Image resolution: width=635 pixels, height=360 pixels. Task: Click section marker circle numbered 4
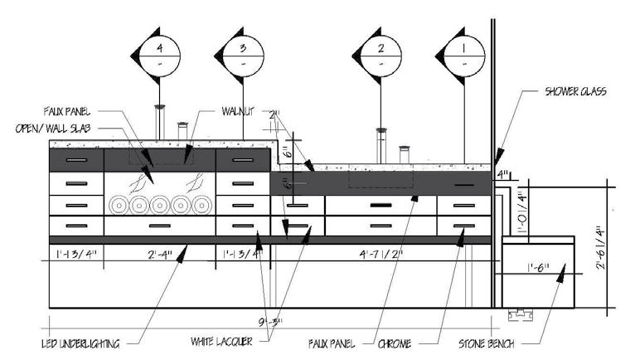[x=161, y=54]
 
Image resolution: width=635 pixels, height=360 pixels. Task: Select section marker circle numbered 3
[x=243, y=54]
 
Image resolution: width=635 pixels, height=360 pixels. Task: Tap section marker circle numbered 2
[x=381, y=54]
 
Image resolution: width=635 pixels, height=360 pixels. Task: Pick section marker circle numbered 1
[x=463, y=54]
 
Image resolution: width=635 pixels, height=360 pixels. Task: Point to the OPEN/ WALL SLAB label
[x=54, y=128]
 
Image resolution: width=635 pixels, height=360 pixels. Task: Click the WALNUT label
[x=241, y=110]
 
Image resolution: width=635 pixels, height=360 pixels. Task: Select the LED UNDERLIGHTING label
[x=80, y=343]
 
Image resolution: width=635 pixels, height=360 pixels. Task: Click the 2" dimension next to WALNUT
[x=276, y=113]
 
